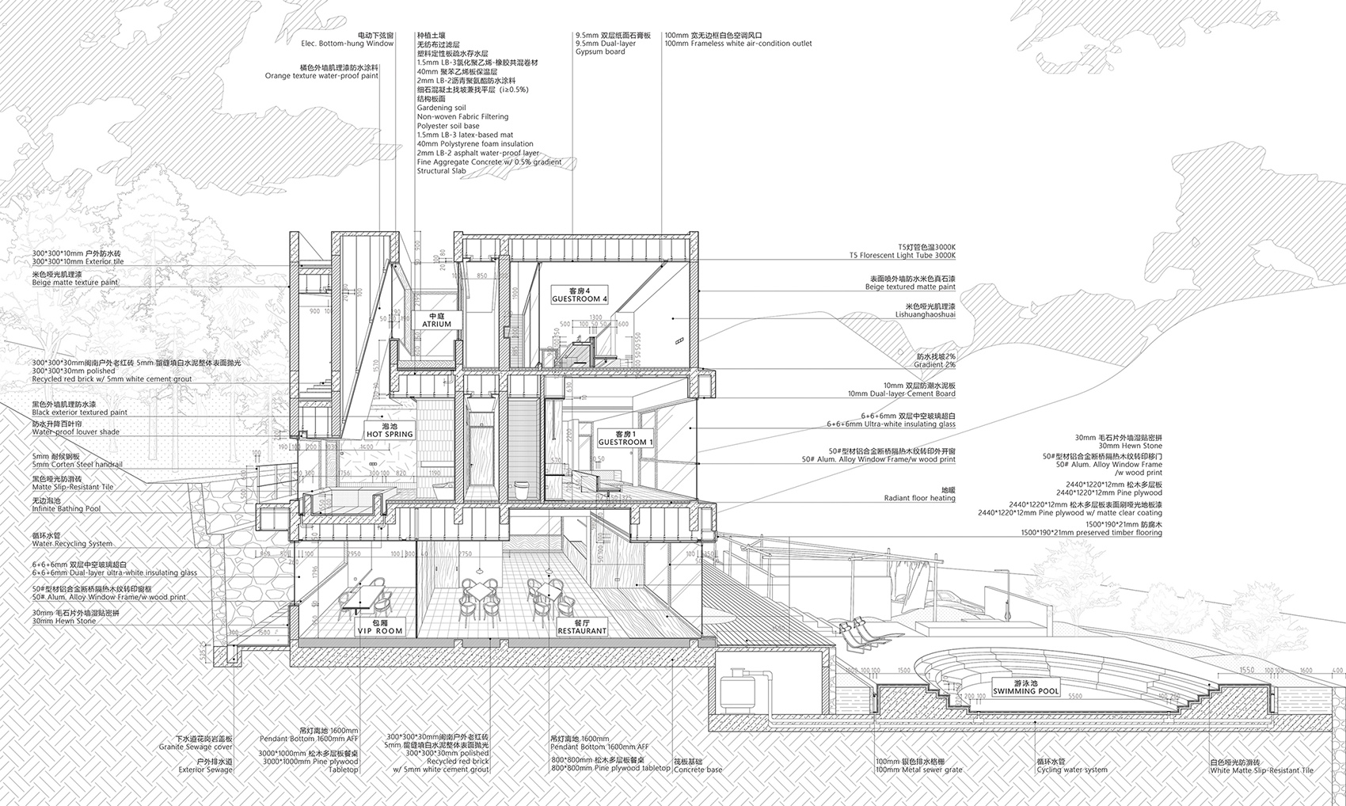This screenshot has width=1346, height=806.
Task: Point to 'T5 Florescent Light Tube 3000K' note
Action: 902,256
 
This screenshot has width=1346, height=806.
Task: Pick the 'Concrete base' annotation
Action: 698,770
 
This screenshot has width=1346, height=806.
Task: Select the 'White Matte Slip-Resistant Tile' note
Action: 1260,770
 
